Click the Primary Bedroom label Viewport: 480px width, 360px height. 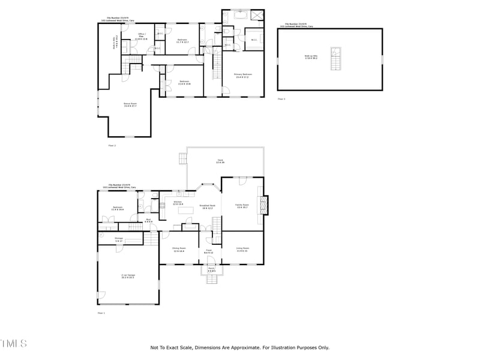pos(243,75)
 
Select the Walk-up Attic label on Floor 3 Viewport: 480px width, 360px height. pos(311,56)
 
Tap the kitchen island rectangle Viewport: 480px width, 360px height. pos(187,209)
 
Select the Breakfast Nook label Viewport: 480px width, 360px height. pos(208,207)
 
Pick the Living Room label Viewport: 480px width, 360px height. pos(242,249)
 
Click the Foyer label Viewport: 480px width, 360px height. pos(209,251)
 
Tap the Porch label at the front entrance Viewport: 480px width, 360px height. pos(211,270)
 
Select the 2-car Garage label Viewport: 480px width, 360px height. pos(128,277)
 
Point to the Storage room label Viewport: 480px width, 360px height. pos(119,239)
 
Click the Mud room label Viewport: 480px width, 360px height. pos(148,220)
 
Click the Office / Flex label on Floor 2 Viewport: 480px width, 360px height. pos(142,37)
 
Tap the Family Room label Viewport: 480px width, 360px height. pos(242,206)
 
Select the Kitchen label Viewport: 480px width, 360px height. pos(178,203)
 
